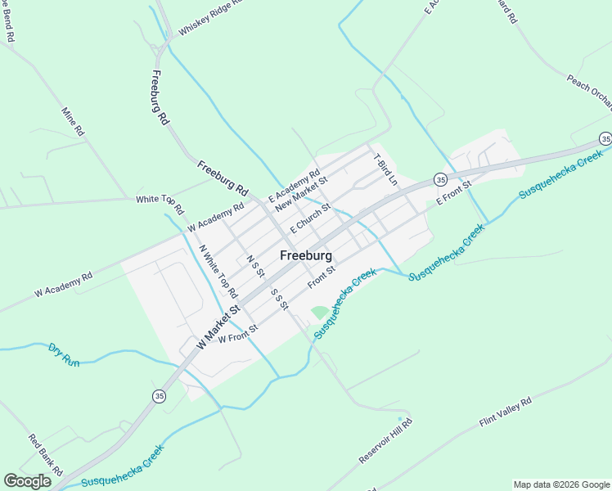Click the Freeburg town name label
(306, 255)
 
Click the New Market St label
(301, 195)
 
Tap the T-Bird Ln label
(385, 169)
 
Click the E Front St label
(455, 193)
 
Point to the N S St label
(255, 267)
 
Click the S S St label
(279, 299)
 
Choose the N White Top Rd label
(218, 271)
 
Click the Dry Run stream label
(64, 354)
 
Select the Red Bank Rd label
(46, 455)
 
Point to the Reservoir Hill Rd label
(385, 442)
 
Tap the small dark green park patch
(318, 313)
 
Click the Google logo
(27, 481)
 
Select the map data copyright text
(561, 484)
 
